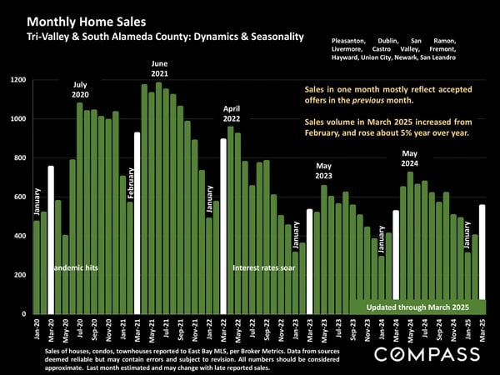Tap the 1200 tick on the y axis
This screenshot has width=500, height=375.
click(17, 80)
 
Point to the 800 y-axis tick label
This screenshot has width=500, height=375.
click(18, 157)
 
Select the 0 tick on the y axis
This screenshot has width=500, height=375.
click(24, 313)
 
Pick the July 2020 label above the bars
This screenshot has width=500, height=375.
click(80, 90)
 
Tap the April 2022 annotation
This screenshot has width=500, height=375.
click(231, 114)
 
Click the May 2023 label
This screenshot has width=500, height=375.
click(324, 170)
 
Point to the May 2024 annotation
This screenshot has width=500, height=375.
click(409, 158)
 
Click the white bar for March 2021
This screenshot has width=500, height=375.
click(137, 222)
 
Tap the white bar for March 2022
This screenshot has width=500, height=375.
click(223, 226)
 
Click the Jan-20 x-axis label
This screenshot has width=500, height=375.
click(37, 328)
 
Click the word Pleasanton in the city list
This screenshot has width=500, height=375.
click(352, 41)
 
